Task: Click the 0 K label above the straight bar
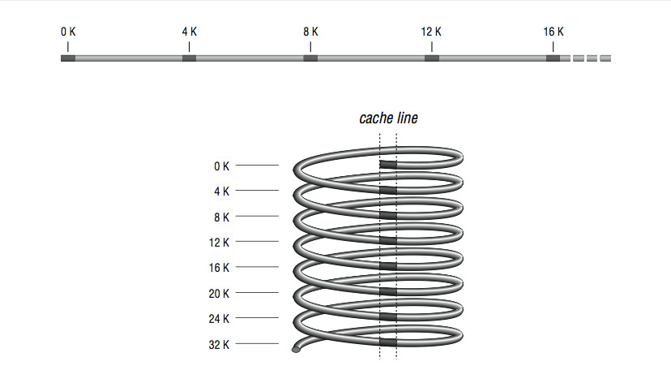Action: coord(68,32)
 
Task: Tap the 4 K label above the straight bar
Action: coord(189,32)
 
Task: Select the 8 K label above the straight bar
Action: coord(310,32)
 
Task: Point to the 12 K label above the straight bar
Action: coord(431,32)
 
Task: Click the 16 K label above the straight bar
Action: coord(553,32)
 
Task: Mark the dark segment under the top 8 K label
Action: coord(310,58)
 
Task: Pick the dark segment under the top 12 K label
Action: coord(432,58)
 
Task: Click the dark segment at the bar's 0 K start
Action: coord(68,58)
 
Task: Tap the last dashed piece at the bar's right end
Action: coord(605,58)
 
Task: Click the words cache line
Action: coord(388,118)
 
